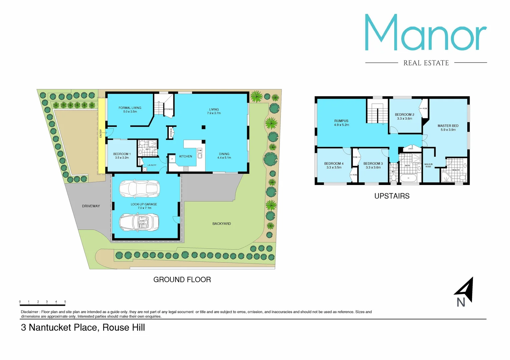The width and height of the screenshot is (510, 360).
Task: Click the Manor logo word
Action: (x=426, y=33)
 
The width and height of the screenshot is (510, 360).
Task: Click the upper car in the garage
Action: (x=140, y=189)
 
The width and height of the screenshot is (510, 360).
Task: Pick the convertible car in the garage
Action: (x=139, y=222)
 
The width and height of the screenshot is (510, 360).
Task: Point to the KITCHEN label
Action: (x=185, y=156)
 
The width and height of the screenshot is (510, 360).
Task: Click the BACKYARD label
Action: (x=221, y=224)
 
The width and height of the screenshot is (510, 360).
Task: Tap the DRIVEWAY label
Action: (x=91, y=206)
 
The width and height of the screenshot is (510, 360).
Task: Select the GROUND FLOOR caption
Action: (x=182, y=280)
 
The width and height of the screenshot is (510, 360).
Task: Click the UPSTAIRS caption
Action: (x=392, y=196)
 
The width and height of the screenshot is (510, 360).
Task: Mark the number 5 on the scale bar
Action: (x=65, y=302)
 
